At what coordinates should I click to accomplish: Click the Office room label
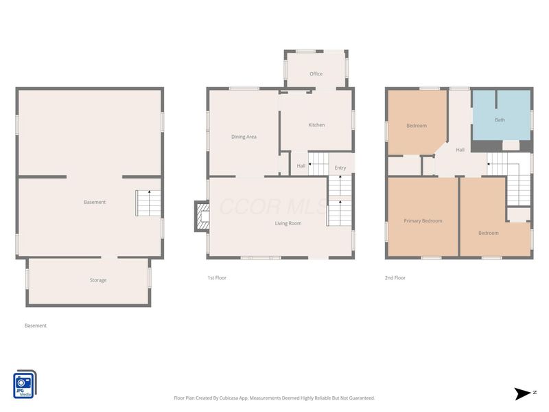coord(316,74)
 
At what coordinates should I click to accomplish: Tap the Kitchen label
coord(316,125)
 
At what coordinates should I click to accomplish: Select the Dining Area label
coord(244,137)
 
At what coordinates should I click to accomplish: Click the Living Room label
coord(288,223)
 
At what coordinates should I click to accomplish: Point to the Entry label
coord(340,168)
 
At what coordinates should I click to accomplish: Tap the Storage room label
coord(98,280)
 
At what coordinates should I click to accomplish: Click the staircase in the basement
coord(148,203)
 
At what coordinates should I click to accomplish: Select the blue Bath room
coord(501,115)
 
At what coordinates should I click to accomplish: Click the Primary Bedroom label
coord(423,221)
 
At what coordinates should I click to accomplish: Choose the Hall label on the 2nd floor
coord(460,150)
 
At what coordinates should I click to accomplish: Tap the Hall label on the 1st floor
coord(301,166)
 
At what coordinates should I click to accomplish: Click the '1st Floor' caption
coord(217,278)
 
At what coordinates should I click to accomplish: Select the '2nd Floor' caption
coord(395,278)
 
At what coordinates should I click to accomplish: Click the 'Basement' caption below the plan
coord(36,325)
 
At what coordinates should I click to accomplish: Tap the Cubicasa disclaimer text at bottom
coord(274,398)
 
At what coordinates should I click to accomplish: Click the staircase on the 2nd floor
coord(509,180)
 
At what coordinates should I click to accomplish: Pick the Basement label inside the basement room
coord(95,202)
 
